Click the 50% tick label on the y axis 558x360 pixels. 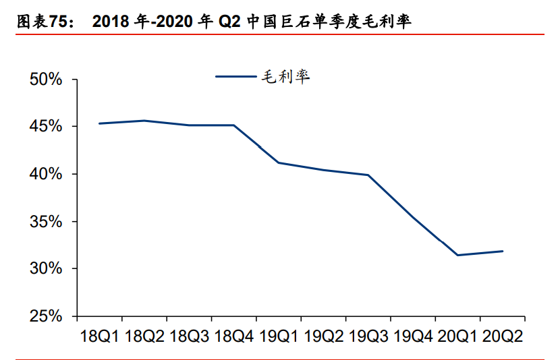[47, 80]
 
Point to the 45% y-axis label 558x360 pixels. [47, 127]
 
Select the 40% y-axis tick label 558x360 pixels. [47, 174]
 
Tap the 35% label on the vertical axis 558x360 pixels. [47, 222]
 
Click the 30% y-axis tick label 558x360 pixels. [47, 269]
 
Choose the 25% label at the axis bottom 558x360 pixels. [47, 316]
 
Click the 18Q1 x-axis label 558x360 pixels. [99, 336]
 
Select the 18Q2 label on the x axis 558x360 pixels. [144, 336]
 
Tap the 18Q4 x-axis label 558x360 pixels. [233, 336]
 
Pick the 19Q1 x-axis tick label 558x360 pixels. [278, 336]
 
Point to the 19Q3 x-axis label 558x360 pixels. [368, 336]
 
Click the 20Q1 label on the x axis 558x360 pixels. [457, 336]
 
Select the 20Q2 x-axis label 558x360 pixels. [502, 336]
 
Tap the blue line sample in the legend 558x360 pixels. [236, 77]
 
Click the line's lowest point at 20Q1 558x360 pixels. [457, 255]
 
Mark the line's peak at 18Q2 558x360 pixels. [144, 121]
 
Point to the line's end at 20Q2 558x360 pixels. [502, 251]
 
